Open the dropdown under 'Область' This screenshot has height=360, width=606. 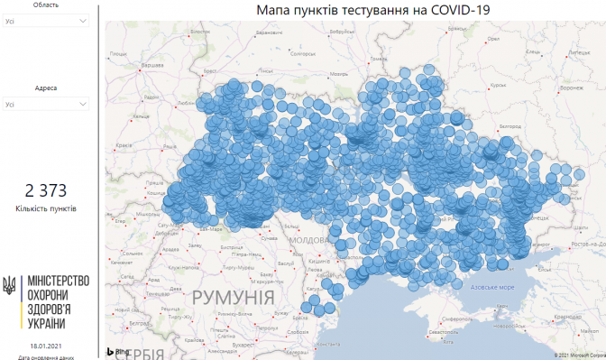[x=47, y=21]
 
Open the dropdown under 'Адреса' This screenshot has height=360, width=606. [x=47, y=104]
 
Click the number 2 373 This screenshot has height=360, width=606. [x=46, y=189]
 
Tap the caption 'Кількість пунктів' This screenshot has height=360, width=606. [x=46, y=208]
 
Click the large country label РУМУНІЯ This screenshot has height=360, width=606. [x=234, y=298]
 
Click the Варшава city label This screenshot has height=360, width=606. [x=151, y=66]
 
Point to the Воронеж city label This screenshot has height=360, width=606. [x=572, y=88]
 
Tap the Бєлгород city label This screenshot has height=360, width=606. [x=510, y=126]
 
